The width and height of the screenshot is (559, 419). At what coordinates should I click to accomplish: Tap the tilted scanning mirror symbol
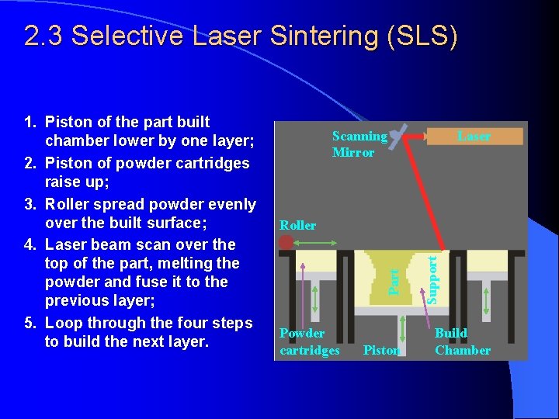tap(398, 137)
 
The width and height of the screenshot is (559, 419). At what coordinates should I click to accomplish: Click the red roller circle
tap(286, 243)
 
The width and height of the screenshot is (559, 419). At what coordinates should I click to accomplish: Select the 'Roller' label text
tap(298, 225)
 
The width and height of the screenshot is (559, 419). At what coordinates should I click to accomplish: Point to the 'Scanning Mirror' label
tap(359, 144)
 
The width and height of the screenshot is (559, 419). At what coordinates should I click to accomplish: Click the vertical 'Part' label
tap(394, 281)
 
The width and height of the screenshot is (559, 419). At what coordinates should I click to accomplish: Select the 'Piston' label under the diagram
tap(381, 350)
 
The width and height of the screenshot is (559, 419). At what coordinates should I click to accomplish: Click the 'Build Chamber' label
tap(463, 341)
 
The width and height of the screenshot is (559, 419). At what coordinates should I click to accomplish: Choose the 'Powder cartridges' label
tap(310, 341)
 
